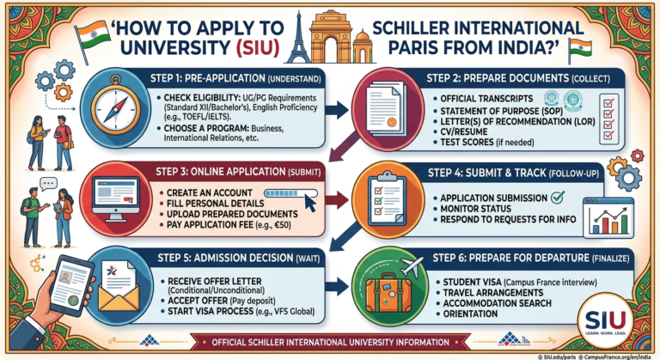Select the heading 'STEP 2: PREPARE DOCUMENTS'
pos(498,78)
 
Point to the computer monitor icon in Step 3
pos(116,198)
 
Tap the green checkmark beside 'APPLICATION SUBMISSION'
pos(558,197)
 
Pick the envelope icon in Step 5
pos(119,285)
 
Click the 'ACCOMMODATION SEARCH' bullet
pos(497,303)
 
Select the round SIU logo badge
pos(605,321)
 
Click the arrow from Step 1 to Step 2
pos(336,110)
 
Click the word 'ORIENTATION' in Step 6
pos(470,314)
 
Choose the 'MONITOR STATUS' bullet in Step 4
pos(475,209)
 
